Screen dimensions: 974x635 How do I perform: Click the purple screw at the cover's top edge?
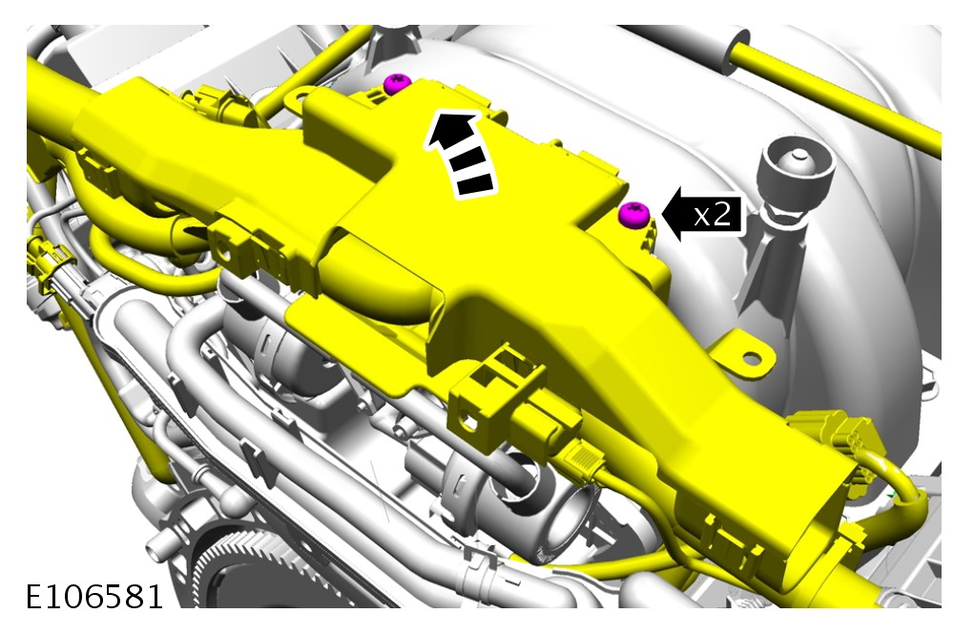(x=398, y=83)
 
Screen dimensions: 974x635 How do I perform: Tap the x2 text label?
(x=712, y=214)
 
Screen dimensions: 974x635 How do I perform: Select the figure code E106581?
(x=94, y=596)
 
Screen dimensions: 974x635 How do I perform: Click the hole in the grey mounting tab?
(x=751, y=358)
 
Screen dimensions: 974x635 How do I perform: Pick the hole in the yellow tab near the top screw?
(x=298, y=96)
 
